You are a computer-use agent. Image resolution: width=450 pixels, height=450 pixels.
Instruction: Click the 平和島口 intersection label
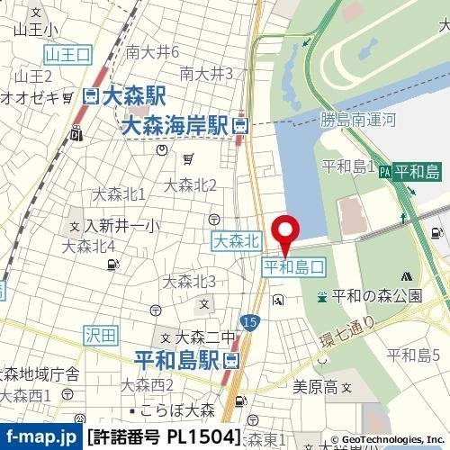tap(293, 267)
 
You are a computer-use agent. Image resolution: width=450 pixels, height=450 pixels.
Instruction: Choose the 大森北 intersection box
tap(238, 241)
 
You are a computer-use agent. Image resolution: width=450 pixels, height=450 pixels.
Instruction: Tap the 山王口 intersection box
tap(68, 54)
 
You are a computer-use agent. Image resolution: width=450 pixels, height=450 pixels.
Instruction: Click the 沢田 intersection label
tap(103, 335)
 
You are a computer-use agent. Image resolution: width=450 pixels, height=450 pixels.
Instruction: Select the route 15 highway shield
tap(249, 321)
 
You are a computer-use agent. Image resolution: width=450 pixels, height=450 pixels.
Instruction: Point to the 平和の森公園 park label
tap(376, 295)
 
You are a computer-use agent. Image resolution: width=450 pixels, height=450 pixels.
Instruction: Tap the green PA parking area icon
tap(385, 171)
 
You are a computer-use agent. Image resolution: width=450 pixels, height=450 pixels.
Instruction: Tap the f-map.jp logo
tap(40, 438)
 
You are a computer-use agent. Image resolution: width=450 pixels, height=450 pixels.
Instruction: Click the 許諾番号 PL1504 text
tap(165, 438)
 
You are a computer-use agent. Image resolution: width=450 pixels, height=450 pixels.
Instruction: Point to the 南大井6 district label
tap(153, 51)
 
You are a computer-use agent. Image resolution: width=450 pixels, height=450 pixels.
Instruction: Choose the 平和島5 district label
tap(413, 355)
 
